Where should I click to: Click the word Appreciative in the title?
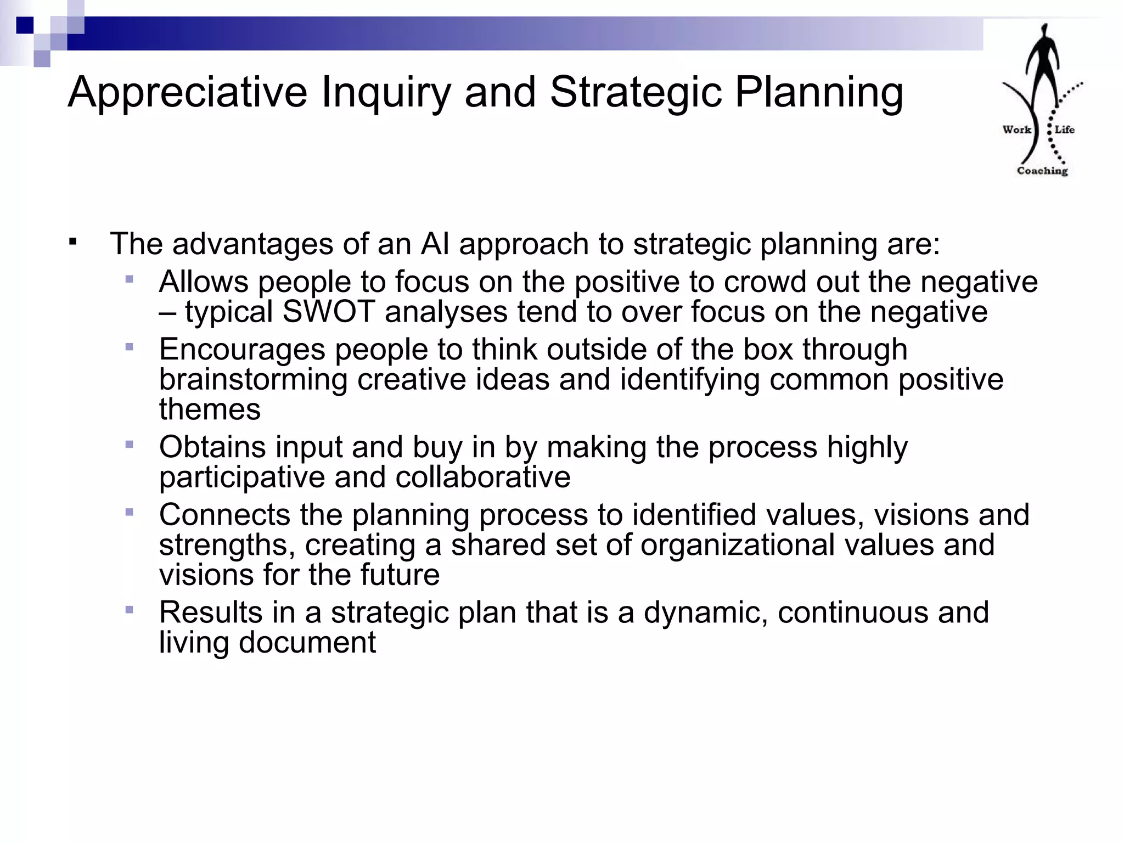(187, 92)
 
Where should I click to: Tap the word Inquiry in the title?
(385, 92)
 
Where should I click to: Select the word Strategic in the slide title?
(636, 92)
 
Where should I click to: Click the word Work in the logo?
(1016, 130)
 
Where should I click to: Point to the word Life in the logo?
(1064, 130)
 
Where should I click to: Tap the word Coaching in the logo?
(1042, 171)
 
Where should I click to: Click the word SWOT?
(328, 312)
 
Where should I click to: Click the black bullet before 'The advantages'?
(73, 241)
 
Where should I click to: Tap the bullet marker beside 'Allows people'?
(130, 279)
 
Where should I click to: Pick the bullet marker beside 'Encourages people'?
(130, 347)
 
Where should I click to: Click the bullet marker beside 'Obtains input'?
(130, 445)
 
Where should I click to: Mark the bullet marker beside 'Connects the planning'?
(130, 513)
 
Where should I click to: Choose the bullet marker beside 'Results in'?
(130, 610)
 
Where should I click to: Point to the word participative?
(242, 477)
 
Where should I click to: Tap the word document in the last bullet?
(307, 642)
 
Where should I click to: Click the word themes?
(210, 409)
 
